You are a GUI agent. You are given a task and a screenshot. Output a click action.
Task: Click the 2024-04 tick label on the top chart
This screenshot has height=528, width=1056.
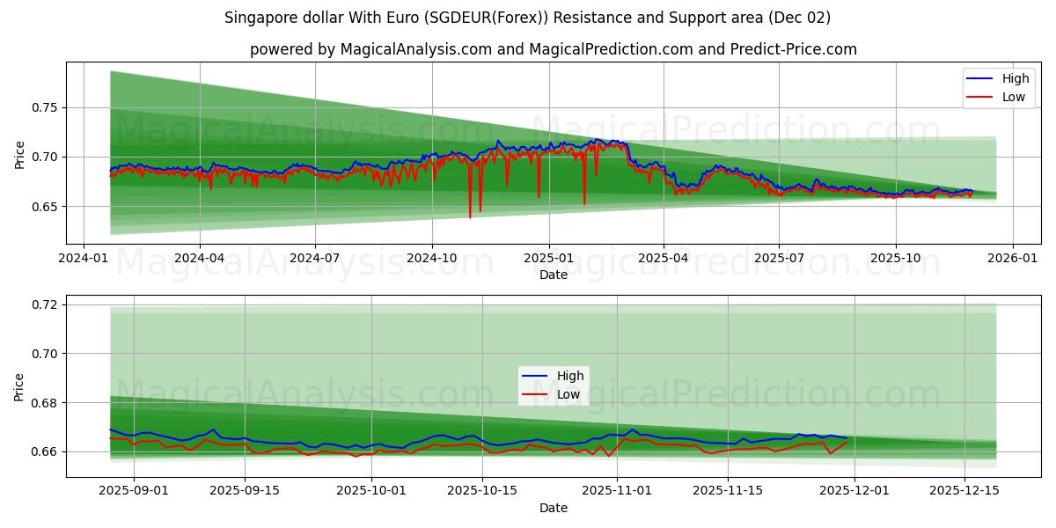point(199,258)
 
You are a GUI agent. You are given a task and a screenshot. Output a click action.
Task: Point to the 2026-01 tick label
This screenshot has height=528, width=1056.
point(1012,258)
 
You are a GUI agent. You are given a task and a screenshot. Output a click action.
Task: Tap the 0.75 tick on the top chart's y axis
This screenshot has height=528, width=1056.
point(44,107)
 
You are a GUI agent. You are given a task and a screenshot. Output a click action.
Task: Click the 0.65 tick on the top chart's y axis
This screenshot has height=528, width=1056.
point(44,207)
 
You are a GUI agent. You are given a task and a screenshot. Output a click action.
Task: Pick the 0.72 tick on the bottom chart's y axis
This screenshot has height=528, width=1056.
point(44,304)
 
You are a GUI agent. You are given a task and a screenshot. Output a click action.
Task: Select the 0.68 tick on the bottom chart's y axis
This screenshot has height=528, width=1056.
point(44,403)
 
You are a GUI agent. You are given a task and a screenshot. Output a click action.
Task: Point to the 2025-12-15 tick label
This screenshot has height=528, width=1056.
point(965,491)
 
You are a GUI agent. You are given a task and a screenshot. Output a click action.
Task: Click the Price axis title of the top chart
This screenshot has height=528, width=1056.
point(20,154)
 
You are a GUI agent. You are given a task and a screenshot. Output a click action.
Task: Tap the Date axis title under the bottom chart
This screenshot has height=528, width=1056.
point(554,508)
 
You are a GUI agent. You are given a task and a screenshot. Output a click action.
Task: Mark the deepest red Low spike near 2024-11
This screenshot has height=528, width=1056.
point(470,217)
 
